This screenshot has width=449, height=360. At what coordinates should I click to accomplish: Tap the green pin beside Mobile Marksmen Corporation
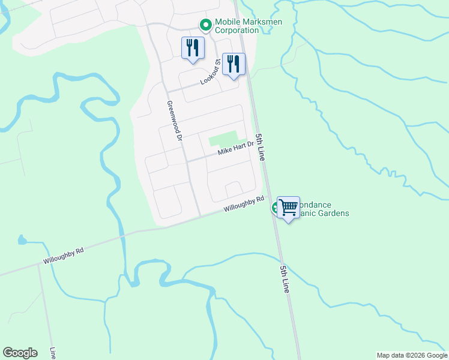pyautogui.click(x=205, y=25)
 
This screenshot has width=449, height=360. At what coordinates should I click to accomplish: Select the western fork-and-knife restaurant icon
pyautogui.click(x=193, y=47)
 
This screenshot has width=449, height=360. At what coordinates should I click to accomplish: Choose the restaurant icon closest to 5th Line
pyautogui.click(x=234, y=63)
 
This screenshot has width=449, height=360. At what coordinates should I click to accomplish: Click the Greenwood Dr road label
pyautogui.click(x=174, y=121)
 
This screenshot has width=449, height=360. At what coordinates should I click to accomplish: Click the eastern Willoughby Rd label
pyautogui.click(x=244, y=205)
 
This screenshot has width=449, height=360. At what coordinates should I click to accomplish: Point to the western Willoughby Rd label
pyautogui.click(x=62, y=256)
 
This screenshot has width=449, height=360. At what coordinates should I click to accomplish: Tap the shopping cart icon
pyautogui.click(x=289, y=208)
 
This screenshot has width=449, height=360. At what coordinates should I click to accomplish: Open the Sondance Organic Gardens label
pyautogui.click(x=324, y=209)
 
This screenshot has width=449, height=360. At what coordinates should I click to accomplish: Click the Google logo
pyautogui.click(x=20, y=353)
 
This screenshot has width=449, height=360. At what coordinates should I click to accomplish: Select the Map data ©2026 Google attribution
pyautogui.click(x=412, y=355)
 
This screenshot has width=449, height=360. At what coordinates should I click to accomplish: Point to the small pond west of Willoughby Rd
pyautogui.click(x=22, y=241)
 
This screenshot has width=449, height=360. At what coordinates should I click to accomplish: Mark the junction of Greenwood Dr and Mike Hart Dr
pyautogui.click(x=187, y=161)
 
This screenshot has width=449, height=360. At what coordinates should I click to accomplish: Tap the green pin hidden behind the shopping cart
pyautogui.click(x=276, y=208)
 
